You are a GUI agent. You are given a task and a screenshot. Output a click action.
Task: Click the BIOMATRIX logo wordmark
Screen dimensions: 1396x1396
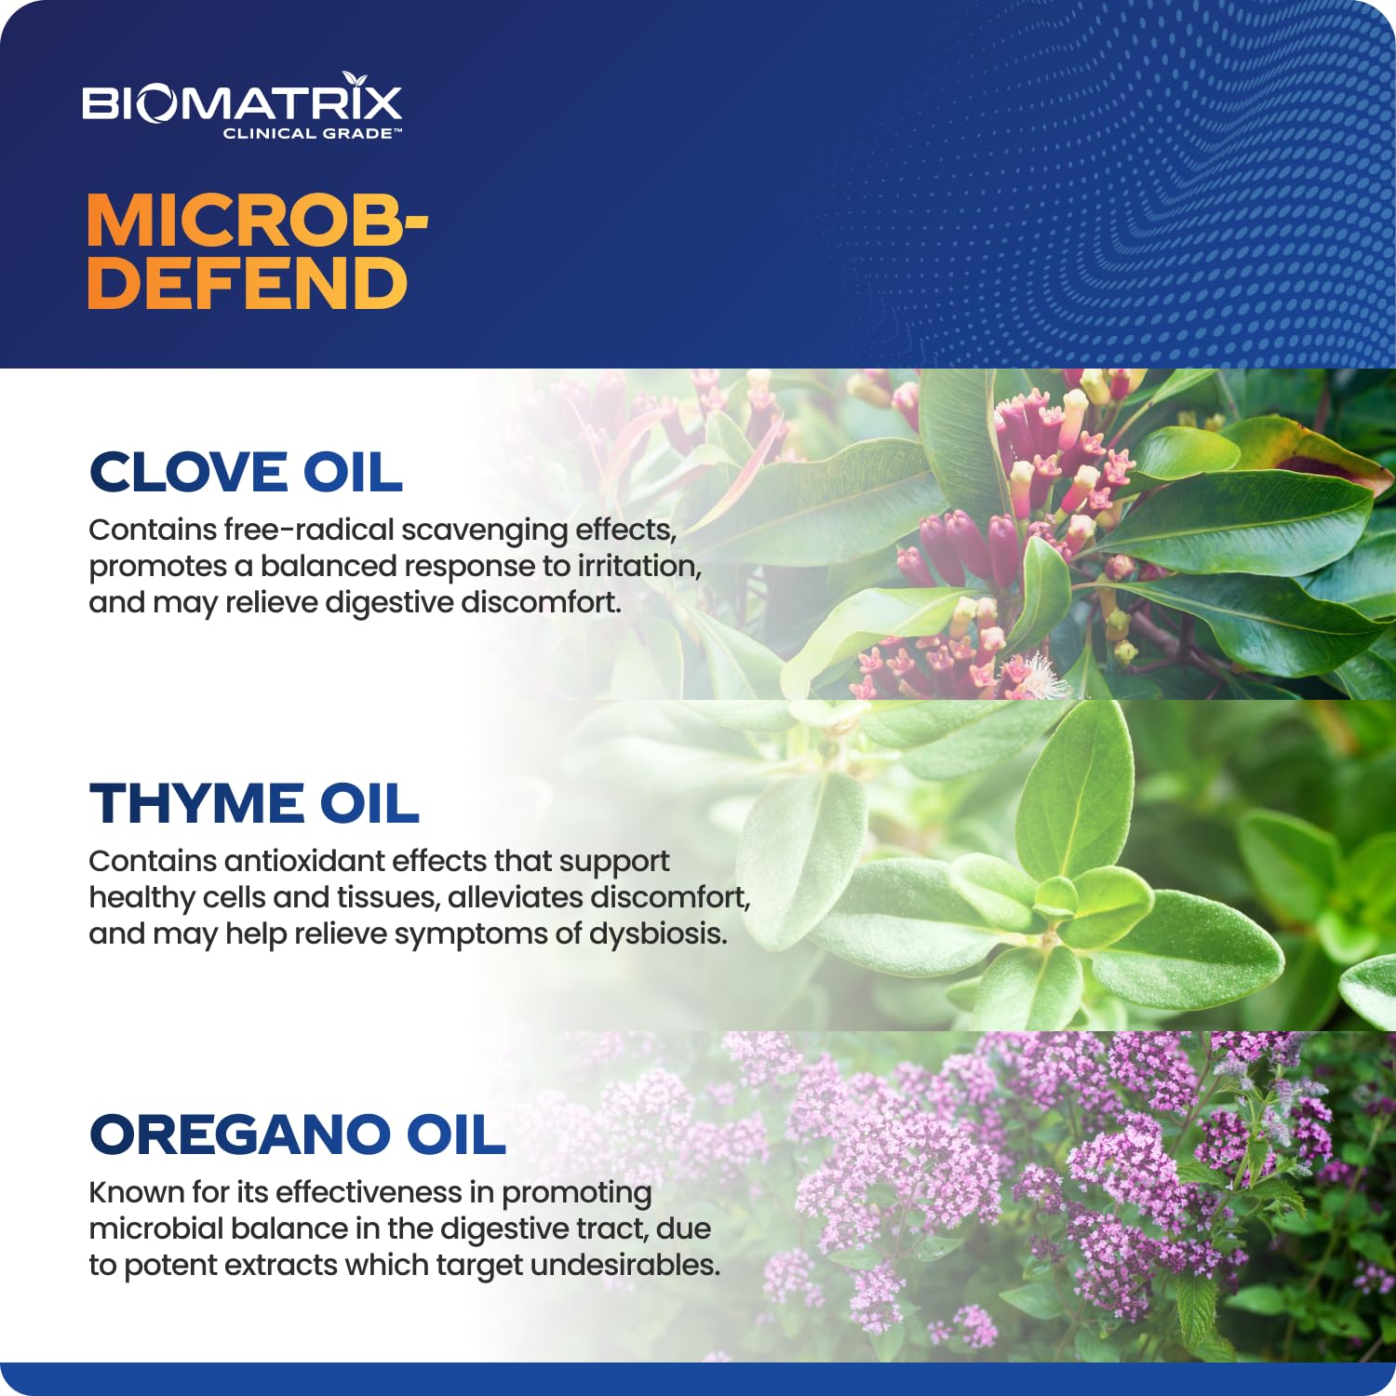(242, 103)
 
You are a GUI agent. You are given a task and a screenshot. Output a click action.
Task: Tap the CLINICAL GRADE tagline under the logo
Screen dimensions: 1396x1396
(312, 134)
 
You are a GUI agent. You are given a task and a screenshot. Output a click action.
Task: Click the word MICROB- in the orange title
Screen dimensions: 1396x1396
(256, 221)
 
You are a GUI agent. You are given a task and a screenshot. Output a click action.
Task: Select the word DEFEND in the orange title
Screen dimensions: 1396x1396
(248, 284)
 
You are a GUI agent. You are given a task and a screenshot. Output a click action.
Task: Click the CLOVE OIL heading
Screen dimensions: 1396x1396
(246, 473)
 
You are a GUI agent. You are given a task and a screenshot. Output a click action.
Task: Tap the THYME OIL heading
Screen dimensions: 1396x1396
(254, 804)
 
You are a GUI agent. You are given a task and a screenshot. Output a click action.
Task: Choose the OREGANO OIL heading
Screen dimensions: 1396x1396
(297, 1135)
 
